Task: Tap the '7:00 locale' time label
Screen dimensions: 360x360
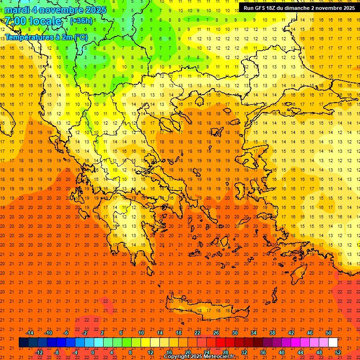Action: click(x=33, y=21)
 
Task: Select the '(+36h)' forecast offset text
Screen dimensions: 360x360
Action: click(x=81, y=21)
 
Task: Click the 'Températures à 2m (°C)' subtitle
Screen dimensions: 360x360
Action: click(x=46, y=37)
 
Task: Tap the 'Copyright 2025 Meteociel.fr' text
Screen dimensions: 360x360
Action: click(x=199, y=357)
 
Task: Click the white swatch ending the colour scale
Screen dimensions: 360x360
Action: click(x=333, y=343)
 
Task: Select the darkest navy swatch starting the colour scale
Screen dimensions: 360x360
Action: click(x=23, y=343)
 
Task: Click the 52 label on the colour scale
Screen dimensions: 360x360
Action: click(x=338, y=352)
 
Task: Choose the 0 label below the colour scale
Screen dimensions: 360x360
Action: click(x=93, y=352)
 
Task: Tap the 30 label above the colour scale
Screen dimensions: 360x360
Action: click(x=234, y=333)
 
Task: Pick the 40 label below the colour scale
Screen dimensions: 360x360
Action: click(x=282, y=352)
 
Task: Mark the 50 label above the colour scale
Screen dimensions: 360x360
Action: click(x=328, y=333)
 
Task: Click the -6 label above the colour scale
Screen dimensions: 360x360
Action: click(x=66, y=333)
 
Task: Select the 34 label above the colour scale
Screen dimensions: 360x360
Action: click(x=253, y=333)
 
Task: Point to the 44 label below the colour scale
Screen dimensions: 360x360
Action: click(x=300, y=352)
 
